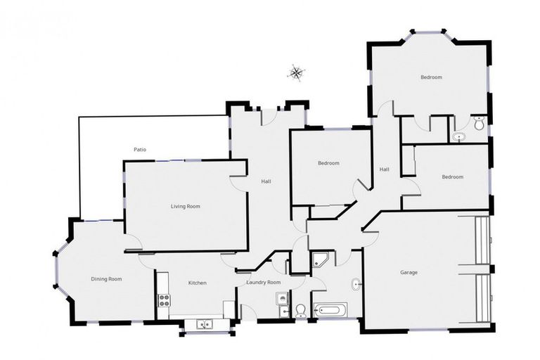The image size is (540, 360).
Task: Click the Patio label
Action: [x=139, y=149]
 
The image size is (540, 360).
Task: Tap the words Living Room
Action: [x=186, y=206]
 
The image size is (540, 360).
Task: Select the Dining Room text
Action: [x=106, y=279]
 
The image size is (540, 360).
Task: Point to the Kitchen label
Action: [x=197, y=283]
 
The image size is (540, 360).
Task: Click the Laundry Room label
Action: [x=264, y=283]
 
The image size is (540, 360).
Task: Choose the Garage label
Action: [x=410, y=271]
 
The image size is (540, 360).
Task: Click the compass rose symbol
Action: [x=296, y=71]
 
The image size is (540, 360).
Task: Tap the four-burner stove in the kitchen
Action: [x=164, y=300]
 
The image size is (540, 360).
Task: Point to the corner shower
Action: [x=321, y=259]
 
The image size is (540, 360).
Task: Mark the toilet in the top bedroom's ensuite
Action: [x=479, y=124]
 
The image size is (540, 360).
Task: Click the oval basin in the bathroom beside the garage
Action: [x=356, y=285]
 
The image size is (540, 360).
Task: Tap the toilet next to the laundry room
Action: [x=300, y=310]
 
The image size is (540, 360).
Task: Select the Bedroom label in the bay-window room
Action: [x=431, y=77]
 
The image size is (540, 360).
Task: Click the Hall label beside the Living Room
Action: [x=266, y=181]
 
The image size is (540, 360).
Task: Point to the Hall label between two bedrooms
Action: [x=385, y=169]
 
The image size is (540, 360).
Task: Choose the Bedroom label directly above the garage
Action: [x=452, y=177]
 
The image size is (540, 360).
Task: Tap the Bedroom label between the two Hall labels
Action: [x=328, y=163]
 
